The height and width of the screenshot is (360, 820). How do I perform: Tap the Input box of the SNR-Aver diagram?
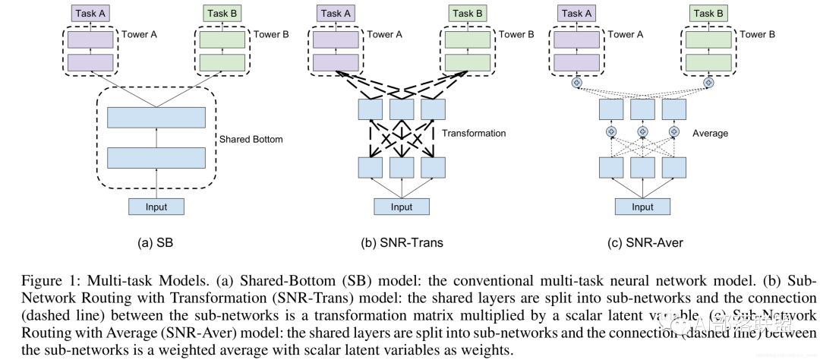coord(642,207)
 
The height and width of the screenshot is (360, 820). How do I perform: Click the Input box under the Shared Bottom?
coord(156,206)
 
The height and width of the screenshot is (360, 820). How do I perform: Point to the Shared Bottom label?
coord(251,140)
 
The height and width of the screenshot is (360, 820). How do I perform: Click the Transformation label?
coord(474,133)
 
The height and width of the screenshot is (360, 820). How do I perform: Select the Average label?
coord(710,133)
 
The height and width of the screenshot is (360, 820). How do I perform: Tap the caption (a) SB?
coord(156,244)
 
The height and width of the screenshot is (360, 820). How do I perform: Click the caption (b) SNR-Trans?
coord(402,244)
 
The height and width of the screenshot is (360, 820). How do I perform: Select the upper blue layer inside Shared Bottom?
coord(156,118)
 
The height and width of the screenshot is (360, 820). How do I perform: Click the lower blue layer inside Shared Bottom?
coord(156,157)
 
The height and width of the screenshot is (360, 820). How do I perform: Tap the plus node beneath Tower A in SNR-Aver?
coord(577,83)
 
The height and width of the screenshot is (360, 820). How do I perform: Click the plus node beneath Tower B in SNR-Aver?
coord(708,83)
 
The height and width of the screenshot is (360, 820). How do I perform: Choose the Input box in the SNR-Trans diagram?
coord(402,207)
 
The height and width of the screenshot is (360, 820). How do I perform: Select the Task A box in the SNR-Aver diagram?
coord(576,13)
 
